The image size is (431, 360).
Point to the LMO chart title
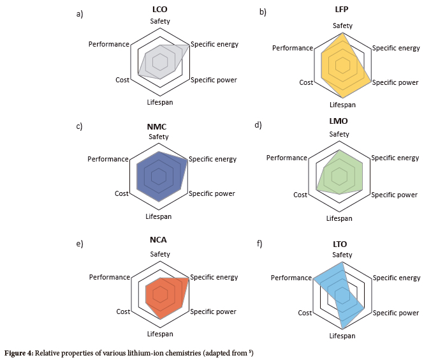point(339,121)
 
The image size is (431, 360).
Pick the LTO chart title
point(339,244)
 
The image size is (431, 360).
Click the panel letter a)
point(80,14)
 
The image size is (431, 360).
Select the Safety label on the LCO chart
point(160,22)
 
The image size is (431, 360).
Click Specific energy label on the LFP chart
point(396,48)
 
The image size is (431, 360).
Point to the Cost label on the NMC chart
point(121,193)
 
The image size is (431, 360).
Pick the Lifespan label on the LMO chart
point(339,218)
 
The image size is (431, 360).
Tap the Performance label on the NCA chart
point(109,277)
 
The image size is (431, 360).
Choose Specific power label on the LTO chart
point(395,313)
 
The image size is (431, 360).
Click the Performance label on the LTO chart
point(291,278)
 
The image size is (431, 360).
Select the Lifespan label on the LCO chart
point(159,102)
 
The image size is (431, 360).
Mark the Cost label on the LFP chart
point(306,82)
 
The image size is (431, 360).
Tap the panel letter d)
point(258,124)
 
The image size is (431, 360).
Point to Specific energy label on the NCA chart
point(214,277)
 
